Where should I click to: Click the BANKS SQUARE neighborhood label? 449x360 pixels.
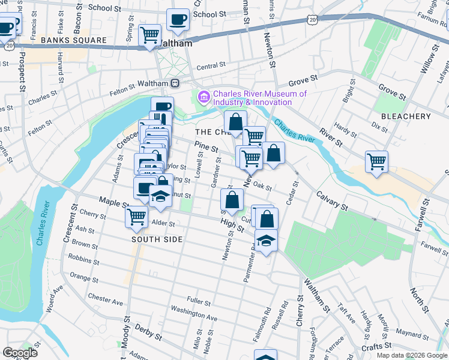[x=74, y=41]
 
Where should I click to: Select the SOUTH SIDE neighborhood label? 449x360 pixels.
[x=157, y=239]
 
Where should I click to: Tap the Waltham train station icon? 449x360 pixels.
[x=175, y=83]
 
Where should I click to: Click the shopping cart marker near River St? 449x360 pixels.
[x=376, y=161]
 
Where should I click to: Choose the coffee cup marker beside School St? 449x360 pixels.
[x=178, y=19]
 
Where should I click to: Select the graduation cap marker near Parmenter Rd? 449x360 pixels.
[x=266, y=240]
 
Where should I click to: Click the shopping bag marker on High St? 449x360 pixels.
[x=232, y=200]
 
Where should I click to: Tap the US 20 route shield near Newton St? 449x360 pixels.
[x=312, y=20]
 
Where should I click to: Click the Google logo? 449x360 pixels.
[x=20, y=353]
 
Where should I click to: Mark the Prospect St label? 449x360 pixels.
[x=21, y=71]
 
